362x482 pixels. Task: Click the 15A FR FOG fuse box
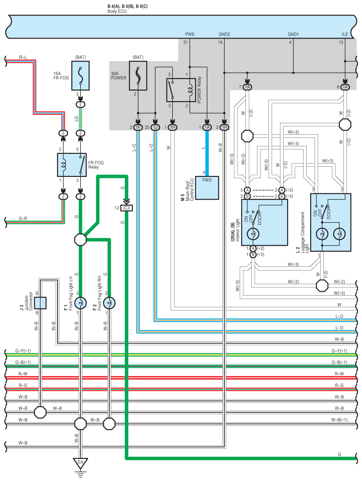pos(81,76)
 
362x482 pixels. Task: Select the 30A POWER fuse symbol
pos(138,76)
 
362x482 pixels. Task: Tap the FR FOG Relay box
pos(72,165)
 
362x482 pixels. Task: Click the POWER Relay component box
pos(181,90)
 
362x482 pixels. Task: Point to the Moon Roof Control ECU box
pos(207,188)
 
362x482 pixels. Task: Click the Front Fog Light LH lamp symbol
pos(81,303)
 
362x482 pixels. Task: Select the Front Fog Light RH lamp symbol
pos(109,303)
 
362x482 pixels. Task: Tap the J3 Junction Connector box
pos(40,303)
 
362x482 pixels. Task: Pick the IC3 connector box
pos(126,208)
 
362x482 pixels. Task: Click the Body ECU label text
pos(117,12)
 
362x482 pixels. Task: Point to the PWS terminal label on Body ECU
pos(190,34)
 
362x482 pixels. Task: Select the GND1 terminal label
pos(293,34)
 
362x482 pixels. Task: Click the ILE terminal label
pos(345,34)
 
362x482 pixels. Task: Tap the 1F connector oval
pos(138,127)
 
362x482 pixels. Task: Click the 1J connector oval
pos(156,127)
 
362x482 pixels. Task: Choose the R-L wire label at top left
pos(23,57)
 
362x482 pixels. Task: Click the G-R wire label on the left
pos(23,218)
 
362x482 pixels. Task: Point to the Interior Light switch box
pos(265,222)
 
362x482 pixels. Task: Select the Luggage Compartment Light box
pos(331,222)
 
